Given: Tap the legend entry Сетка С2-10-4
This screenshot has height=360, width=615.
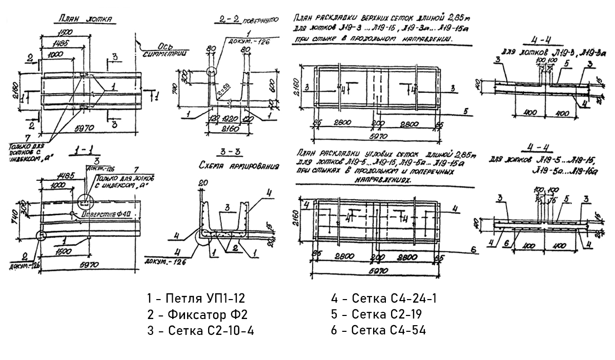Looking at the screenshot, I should [x=200, y=331].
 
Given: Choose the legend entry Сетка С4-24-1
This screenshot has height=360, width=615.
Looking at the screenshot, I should [x=384, y=298].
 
